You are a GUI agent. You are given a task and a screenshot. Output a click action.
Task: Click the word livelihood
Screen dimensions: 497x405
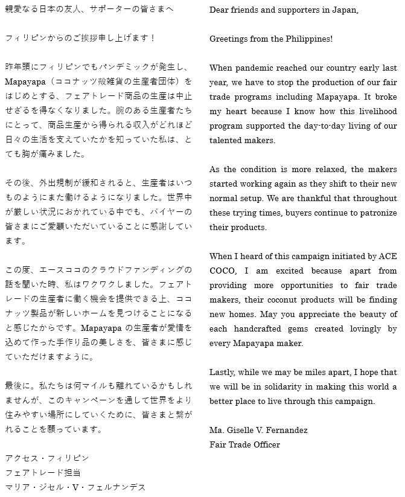pyautogui.click(x=374, y=111)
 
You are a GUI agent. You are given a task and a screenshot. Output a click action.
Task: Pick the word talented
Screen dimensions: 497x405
pyautogui.click(x=226, y=140)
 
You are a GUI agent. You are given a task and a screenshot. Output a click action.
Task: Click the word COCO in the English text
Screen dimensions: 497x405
pyautogui.click(x=222, y=271)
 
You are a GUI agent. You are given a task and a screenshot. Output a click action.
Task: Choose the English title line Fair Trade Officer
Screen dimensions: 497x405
pyautogui.click(x=244, y=444)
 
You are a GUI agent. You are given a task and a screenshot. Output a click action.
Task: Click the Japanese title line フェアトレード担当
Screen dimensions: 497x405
pyautogui.click(x=42, y=472)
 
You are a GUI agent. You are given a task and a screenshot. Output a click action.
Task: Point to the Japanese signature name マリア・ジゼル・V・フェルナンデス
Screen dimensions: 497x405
pyautogui.click(x=75, y=487)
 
